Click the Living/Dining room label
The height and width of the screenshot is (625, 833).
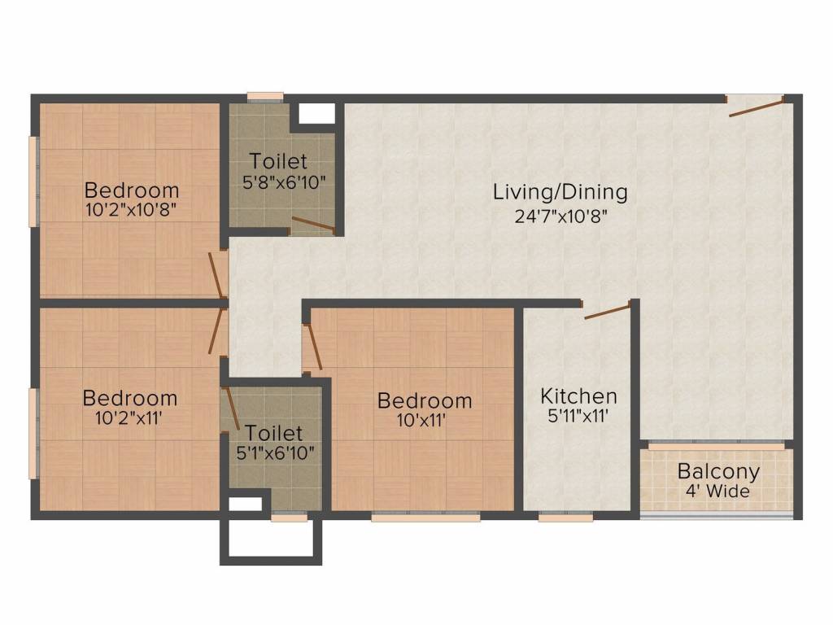[560, 193]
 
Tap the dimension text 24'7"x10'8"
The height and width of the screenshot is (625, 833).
[560, 216]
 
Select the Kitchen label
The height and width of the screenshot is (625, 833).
[579, 396]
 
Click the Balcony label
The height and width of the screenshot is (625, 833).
[718, 471]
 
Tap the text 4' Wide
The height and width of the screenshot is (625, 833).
[718, 492]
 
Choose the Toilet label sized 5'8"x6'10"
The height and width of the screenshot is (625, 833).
[279, 160]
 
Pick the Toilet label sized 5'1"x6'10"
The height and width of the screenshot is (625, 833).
[274, 433]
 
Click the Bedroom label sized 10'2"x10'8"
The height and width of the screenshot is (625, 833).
[132, 190]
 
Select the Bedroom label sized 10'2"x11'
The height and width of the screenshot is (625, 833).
[130, 398]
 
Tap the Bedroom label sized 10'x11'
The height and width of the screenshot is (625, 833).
[425, 400]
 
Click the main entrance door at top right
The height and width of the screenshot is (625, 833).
[756, 107]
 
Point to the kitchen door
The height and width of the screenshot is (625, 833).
[607, 310]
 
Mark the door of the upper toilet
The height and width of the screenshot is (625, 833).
[312, 225]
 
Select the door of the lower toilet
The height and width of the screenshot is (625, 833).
[230, 406]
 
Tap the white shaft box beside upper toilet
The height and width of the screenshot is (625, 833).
[316, 113]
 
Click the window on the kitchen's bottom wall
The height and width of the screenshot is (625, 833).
[565, 516]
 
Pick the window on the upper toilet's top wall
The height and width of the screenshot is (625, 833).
[265, 97]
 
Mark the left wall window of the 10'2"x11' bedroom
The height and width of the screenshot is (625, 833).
[33, 433]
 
